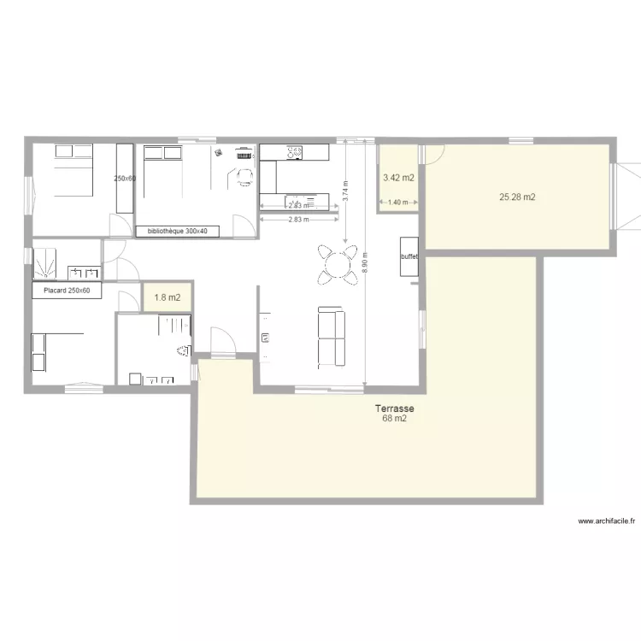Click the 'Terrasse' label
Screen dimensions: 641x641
[394, 409]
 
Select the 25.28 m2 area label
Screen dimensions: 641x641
[517, 197]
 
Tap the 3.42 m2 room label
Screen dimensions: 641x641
[398, 179]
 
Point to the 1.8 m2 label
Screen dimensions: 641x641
[166, 298]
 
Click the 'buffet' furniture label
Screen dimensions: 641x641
[408, 256]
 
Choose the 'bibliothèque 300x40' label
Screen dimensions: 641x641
[183, 231]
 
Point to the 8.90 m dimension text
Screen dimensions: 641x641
[365, 262]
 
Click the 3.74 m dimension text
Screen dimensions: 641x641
[345, 190]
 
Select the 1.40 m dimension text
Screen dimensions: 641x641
[397, 203]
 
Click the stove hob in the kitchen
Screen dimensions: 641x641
[296, 152]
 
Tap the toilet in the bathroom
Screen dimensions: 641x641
[182, 350]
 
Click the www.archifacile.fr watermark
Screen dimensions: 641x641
[609, 520]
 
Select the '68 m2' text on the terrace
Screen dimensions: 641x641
[394, 420]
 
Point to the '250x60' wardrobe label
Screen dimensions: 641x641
[125, 179]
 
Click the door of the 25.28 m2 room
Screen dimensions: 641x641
[433, 154]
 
